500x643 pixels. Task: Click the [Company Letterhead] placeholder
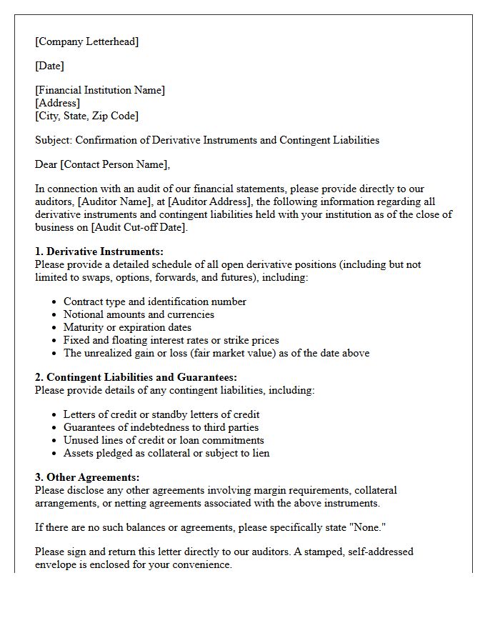click(x=86, y=41)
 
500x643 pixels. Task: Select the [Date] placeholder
click(x=49, y=66)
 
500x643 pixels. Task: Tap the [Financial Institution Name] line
click(x=100, y=90)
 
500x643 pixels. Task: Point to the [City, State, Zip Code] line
click(x=86, y=116)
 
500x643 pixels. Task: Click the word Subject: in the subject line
click(x=54, y=140)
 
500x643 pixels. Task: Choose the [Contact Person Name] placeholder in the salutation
click(x=114, y=164)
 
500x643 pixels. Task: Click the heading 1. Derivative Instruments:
click(x=99, y=251)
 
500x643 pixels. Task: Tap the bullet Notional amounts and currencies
click(x=139, y=314)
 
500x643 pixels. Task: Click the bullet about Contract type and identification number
click(x=154, y=301)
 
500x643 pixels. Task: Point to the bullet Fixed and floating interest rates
click(x=171, y=340)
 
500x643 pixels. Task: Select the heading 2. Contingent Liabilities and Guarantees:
click(x=136, y=377)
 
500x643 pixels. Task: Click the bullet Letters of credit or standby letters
click(x=161, y=414)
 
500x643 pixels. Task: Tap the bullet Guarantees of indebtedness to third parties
click(x=161, y=427)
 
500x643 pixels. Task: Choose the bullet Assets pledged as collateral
click(x=166, y=453)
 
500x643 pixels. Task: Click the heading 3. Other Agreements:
click(x=87, y=477)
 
